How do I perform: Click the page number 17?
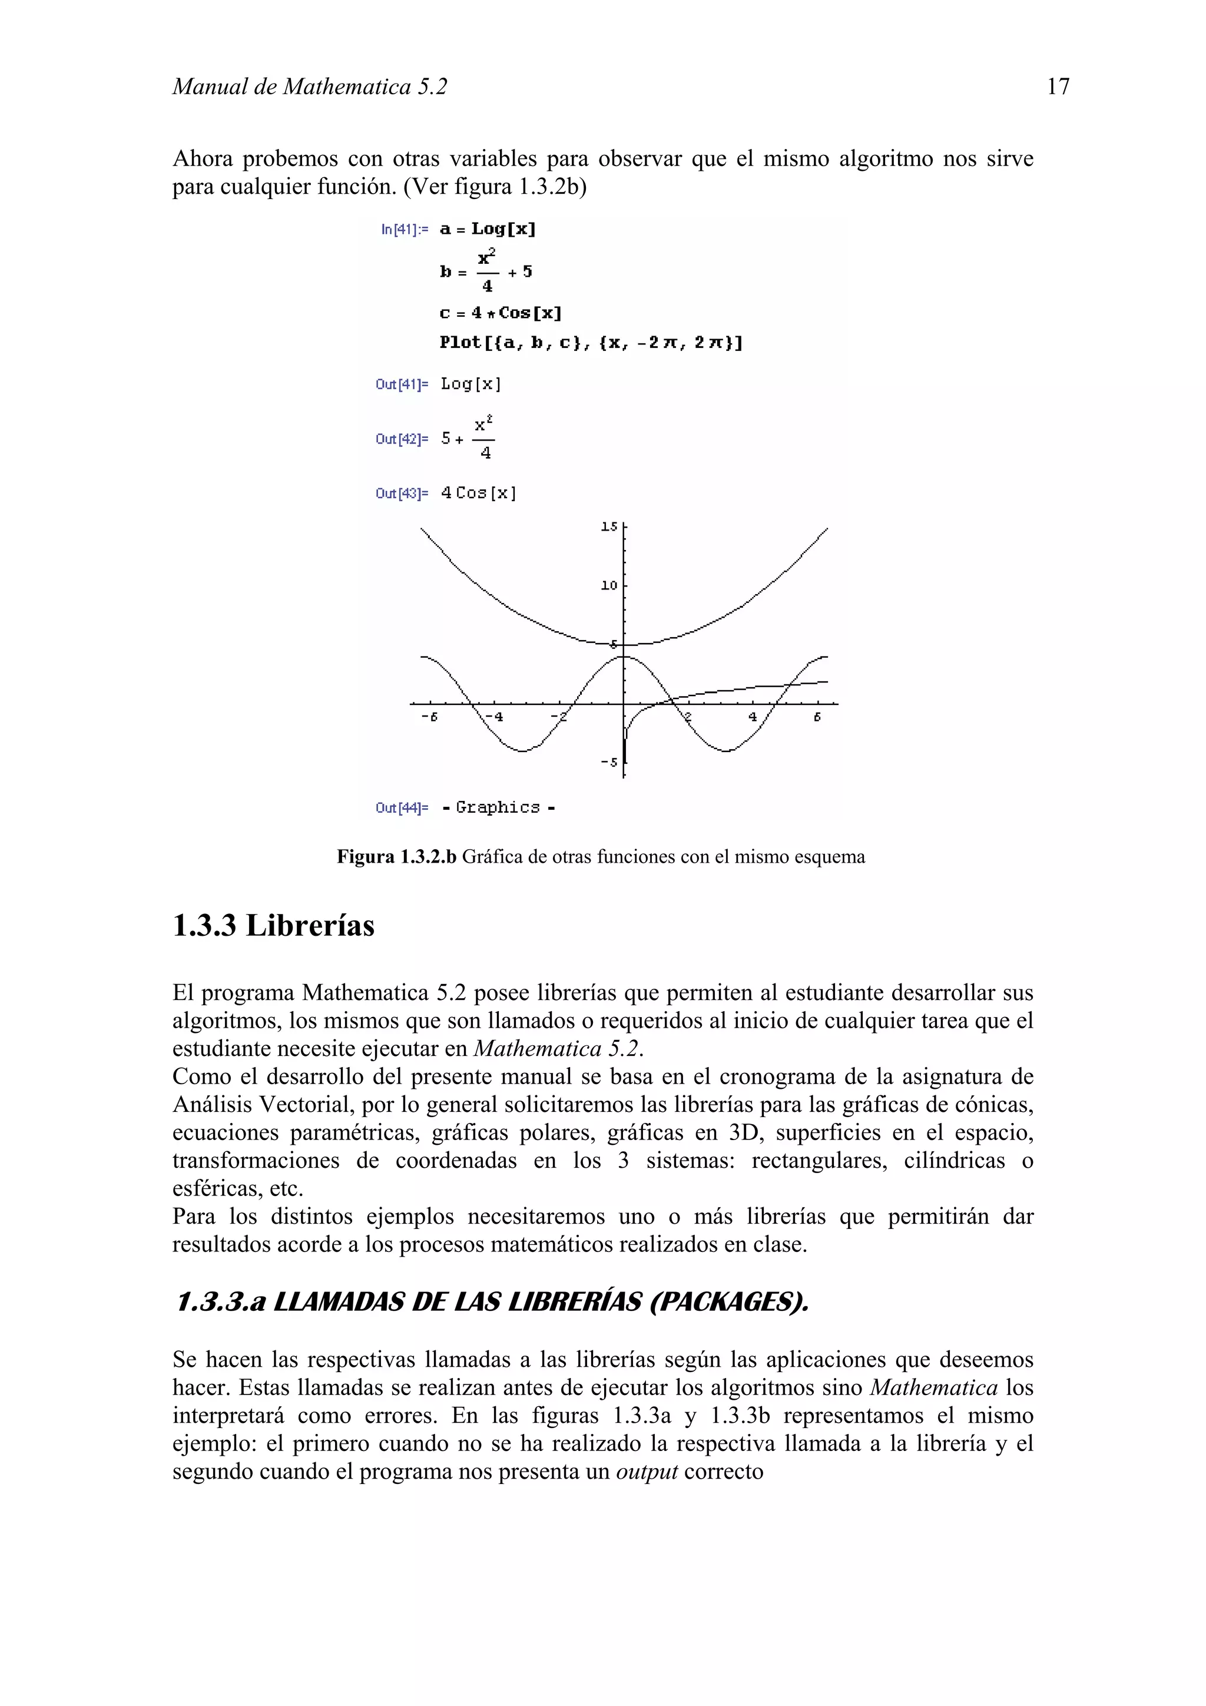(x=1058, y=87)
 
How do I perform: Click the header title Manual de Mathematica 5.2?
(x=310, y=87)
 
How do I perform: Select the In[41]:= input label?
(x=404, y=230)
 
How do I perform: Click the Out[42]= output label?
(x=401, y=439)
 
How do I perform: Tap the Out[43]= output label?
(x=401, y=493)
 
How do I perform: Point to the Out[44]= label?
(x=401, y=808)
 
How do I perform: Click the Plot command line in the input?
(x=591, y=343)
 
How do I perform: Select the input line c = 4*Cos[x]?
(x=500, y=313)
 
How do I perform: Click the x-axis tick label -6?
(x=429, y=717)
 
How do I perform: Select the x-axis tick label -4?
(x=493, y=717)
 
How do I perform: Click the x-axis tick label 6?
(x=817, y=717)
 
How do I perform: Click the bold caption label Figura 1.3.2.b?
(x=396, y=857)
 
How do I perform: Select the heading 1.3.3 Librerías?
(x=273, y=926)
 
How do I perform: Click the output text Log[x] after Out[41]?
(x=471, y=384)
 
